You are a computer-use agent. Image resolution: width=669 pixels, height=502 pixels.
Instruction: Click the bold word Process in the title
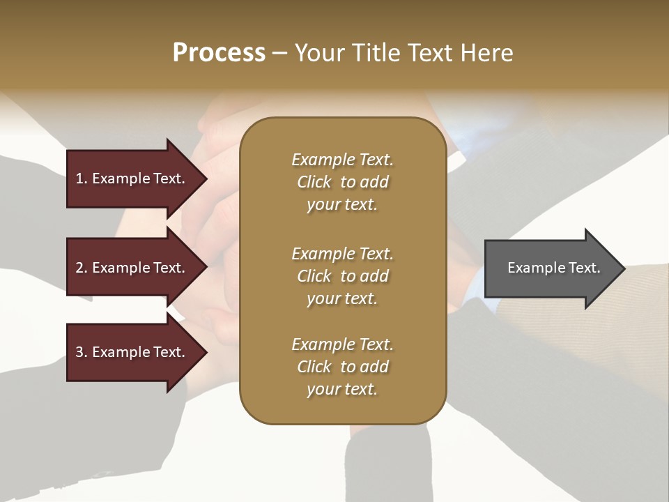[x=219, y=53]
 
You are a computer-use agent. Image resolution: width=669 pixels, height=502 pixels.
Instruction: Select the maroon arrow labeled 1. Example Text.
[x=132, y=178]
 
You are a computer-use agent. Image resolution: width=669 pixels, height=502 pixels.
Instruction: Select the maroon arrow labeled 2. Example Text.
[x=132, y=268]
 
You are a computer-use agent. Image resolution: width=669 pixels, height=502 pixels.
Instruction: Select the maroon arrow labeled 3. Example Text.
[x=132, y=352]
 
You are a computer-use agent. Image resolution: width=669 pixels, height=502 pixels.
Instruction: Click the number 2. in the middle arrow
[x=82, y=268]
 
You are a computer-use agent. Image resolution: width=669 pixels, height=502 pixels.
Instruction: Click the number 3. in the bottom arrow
[x=82, y=352]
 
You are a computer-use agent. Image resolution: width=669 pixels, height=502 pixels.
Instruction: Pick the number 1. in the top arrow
[x=82, y=178]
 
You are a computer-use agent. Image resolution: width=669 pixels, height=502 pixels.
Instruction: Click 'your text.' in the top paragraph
[x=342, y=205]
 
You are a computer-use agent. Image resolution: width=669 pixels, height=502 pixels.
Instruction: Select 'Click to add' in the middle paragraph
[x=342, y=276]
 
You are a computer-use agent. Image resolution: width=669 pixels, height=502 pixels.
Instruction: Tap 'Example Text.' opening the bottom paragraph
[x=342, y=344]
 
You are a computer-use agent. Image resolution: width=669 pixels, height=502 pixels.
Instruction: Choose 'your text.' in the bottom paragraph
[x=342, y=389]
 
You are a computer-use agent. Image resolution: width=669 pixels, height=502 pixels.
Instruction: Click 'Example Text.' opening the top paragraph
[x=342, y=160]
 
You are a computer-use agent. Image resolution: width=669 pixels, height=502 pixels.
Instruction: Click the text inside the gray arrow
[x=553, y=268]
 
